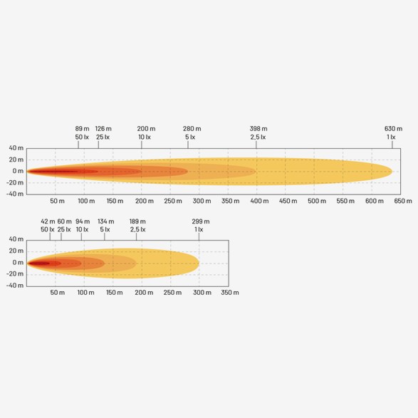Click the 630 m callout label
(393, 129)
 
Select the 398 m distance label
(258, 129)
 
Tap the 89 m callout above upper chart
(82, 129)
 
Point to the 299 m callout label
(201, 221)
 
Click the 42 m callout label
(48, 221)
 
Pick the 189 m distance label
(137, 221)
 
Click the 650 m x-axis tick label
(403, 201)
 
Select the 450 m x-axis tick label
(288, 201)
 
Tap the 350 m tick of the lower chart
(230, 293)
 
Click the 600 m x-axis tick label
(375, 201)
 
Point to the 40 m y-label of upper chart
(16, 148)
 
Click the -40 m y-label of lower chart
(15, 286)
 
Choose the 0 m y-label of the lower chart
(18, 263)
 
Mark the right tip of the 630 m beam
(392, 172)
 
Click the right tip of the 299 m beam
(199, 263)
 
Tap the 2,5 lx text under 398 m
(258, 137)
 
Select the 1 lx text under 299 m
(199, 229)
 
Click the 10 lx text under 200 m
(145, 137)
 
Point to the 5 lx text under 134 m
(105, 229)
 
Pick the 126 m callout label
(103, 129)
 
